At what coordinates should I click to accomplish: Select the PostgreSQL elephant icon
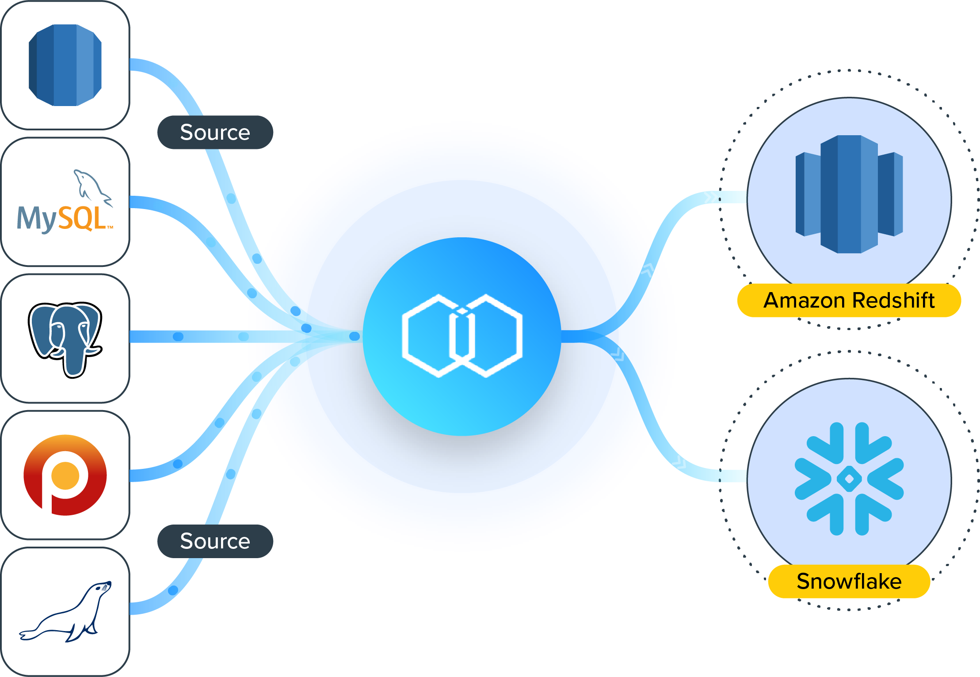(x=65, y=338)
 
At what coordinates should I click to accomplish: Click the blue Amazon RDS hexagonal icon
(x=65, y=65)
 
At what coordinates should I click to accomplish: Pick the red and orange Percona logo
(x=65, y=475)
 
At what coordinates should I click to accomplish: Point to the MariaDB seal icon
(x=66, y=612)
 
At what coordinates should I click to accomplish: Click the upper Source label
(x=215, y=133)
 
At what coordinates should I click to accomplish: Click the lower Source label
(x=215, y=541)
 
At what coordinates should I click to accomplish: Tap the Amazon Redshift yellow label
(x=849, y=300)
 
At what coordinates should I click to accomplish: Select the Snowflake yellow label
(x=849, y=582)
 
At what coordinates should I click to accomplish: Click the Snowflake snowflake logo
(x=849, y=479)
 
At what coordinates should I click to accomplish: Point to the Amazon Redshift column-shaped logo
(x=849, y=194)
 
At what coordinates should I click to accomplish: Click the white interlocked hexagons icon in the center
(x=462, y=336)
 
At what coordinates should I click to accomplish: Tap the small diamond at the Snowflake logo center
(x=849, y=479)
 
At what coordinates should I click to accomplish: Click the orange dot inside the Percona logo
(x=65, y=476)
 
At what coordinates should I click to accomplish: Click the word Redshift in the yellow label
(x=893, y=300)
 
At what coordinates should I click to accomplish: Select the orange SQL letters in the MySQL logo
(x=83, y=218)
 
